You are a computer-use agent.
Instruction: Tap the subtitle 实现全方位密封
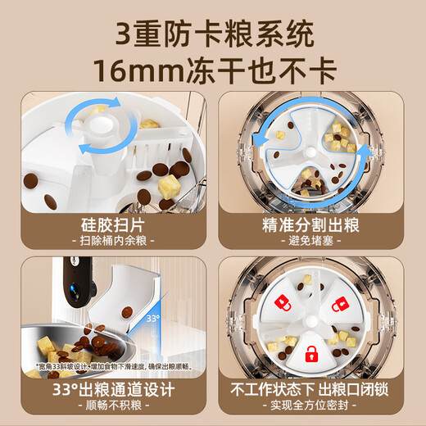tap(315, 406)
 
